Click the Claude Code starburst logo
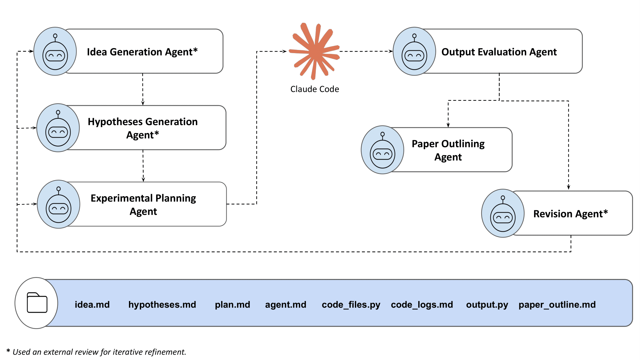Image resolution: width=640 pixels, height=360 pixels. click(315, 51)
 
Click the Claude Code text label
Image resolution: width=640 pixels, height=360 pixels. click(315, 89)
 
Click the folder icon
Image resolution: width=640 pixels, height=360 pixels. click(37, 303)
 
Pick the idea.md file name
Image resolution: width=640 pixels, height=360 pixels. click(92, 304)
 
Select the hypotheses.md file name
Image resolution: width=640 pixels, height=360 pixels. click(162, 304)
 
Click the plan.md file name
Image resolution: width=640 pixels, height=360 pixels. click(232, 304)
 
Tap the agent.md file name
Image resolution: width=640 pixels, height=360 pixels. click(285, 304)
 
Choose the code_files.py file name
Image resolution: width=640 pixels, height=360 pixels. click(351, 304)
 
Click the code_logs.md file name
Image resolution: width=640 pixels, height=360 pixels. click(422, 304)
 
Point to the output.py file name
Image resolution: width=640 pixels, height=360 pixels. click(487, 304)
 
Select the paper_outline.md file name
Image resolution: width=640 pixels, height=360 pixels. click(557, 304)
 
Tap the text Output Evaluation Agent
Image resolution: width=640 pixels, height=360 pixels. click(499, 52)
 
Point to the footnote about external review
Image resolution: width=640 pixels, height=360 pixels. click(96, 352)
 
